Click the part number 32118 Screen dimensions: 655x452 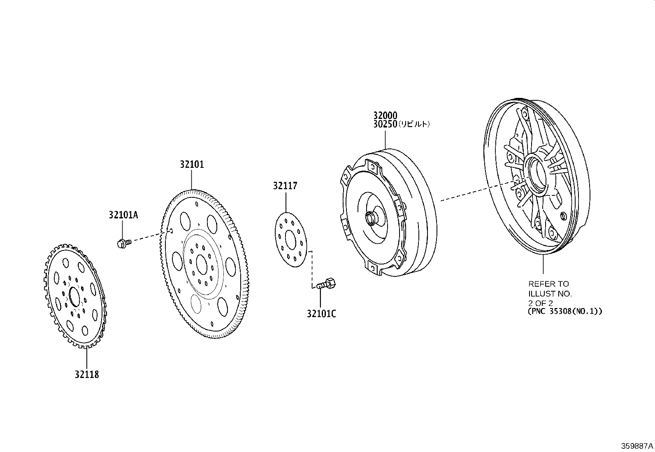click(x=86, y=374)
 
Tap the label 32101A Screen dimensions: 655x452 click(x=123, y=215)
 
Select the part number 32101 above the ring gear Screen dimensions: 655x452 click(x=192, y=165)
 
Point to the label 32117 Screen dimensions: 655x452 click(x=285, y=185)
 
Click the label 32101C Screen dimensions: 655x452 click(x=321, y=314)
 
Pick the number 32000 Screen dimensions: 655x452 click(x=385, y=116)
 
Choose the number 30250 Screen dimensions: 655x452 click(x=385, y=124)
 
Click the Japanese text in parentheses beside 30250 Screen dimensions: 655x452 click(x=414, y=124)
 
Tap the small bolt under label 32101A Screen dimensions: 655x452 click(x=124, y=243)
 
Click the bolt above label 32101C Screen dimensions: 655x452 click(x=326, y=283)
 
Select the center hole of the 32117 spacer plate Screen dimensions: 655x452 click(x=290, y=240)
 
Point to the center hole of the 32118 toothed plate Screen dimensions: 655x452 click(x=74, y=297)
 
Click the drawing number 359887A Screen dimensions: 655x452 click(x=637, y=446)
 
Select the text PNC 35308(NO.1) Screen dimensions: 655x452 click(x=565, y=311)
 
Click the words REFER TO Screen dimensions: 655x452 click(x=548, y=284)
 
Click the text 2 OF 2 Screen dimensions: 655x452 click(x=540, y=303)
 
